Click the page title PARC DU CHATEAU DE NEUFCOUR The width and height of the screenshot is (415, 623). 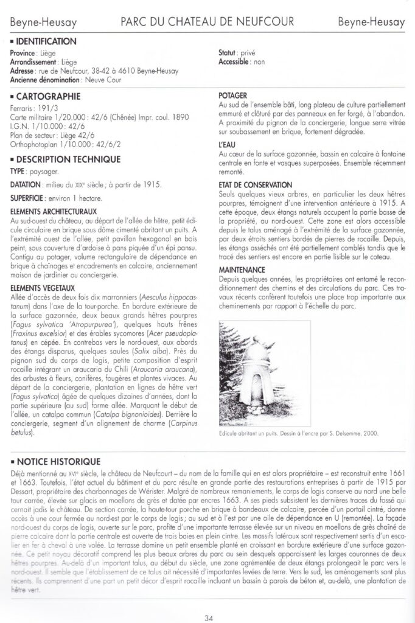[207, 22]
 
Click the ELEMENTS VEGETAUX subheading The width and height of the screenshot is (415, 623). [43, 288]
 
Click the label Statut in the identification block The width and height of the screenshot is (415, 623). [228, 54]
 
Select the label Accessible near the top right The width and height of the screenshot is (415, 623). [234, 62]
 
